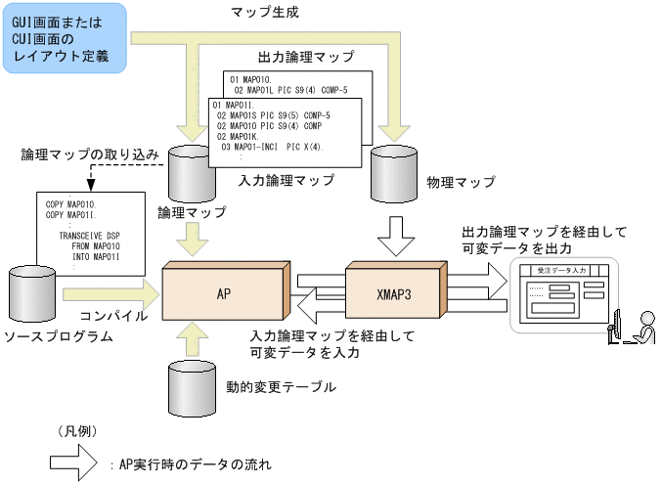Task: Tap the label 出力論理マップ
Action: click(x=306, y=58)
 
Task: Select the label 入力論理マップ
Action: click(x=287, y=181)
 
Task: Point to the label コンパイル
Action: click(x=113, y=316)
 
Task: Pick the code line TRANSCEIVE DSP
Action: click(x=90, y=237)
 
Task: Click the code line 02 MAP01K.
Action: click(x=240, y=137)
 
